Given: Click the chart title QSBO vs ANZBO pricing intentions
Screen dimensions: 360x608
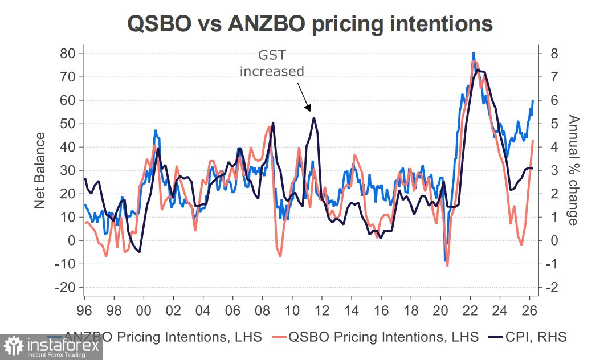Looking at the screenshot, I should pos(310,24).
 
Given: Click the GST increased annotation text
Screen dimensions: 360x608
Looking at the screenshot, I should pos(272,64).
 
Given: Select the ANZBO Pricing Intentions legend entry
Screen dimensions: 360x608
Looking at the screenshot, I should pos(163,337).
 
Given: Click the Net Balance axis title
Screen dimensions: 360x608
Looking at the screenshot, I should pos(40,170).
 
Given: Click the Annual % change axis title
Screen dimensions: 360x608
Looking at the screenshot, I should pos(573,170).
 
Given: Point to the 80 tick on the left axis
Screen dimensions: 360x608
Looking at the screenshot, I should pos(68,54).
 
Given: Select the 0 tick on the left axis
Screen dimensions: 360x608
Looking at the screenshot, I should pos(72,241).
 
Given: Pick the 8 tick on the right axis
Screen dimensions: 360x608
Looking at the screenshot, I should pos(553,54).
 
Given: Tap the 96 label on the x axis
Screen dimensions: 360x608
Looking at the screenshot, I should pos(84,312).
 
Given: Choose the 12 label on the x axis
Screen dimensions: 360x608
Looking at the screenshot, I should pos(321,312).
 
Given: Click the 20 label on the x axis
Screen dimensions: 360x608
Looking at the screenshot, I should pos(440,312).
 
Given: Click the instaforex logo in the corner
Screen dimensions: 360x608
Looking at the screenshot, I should pos(51,347).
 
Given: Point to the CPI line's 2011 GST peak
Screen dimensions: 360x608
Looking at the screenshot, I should pos(313,117).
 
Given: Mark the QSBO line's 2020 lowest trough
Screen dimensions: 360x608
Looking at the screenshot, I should pos(447,265).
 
